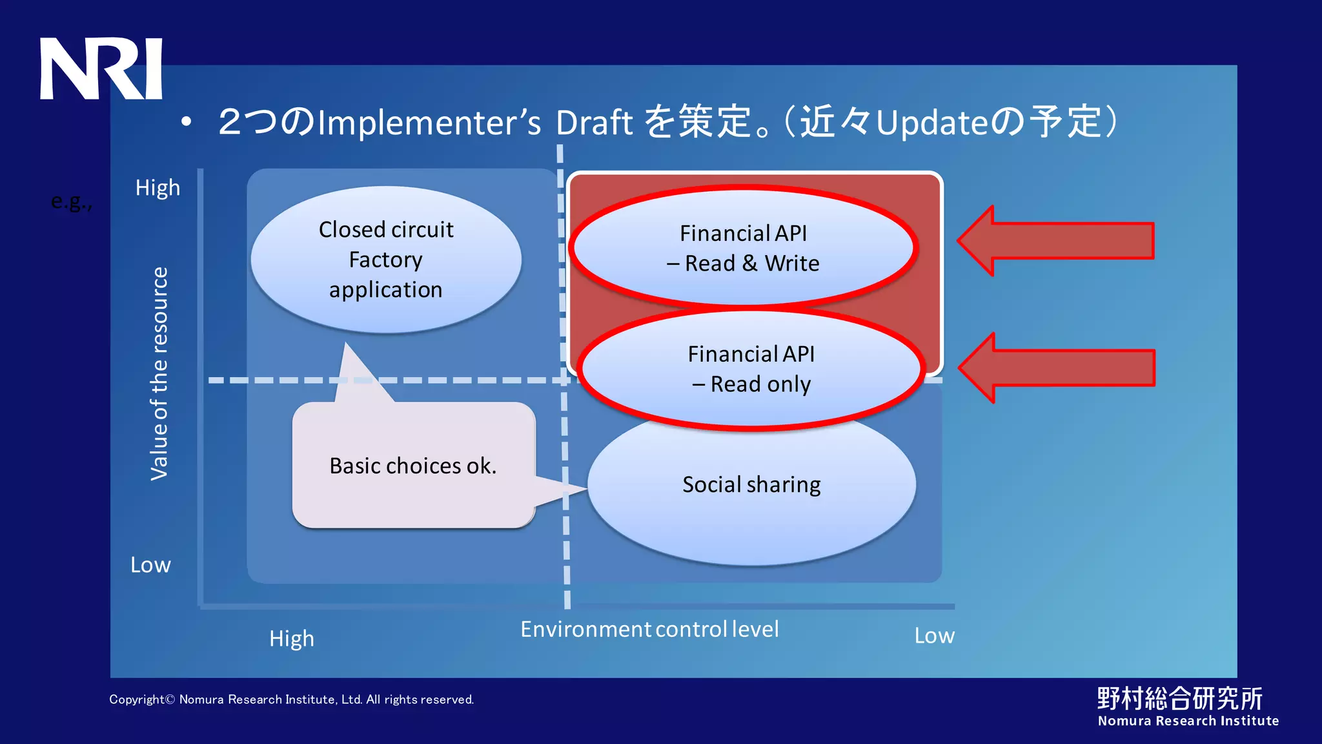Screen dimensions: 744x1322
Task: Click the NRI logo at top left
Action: click(x=101, y=68)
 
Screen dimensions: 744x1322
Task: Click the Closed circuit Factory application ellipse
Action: click(x=386, y=260)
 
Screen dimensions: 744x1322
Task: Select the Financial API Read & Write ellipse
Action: click(x=743, y=248)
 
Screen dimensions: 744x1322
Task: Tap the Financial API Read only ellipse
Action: click(x=751, y=369)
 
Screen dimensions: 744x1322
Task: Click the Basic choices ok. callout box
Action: click(x=413, y=466)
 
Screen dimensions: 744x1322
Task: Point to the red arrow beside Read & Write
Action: click(x=1056, y=241)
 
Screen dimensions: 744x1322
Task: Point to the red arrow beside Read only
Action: click(x=1057, y=368)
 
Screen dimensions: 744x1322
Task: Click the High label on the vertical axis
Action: click(x=158, y=188)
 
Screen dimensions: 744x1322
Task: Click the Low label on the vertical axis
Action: click(x=150, y=565)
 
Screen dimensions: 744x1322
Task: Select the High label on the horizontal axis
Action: click(x=292, y=639)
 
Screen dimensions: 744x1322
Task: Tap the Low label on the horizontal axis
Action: click(x=934, y=636)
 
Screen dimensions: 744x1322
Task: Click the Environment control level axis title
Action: click(x=649, y=629)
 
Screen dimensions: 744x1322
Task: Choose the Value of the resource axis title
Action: click(x=159, y=373)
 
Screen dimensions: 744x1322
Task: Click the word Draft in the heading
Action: click(x=594, y=123)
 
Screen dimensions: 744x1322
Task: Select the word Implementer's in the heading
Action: click(x=429, y=123)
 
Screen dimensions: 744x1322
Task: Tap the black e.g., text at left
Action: click(x=72, y=202)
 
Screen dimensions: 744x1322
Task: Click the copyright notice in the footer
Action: click(x=291, y=699)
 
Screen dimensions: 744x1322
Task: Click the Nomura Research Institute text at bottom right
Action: click(x=1188, y=721)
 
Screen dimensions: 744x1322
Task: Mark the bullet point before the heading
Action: click(x=187, y=122)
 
